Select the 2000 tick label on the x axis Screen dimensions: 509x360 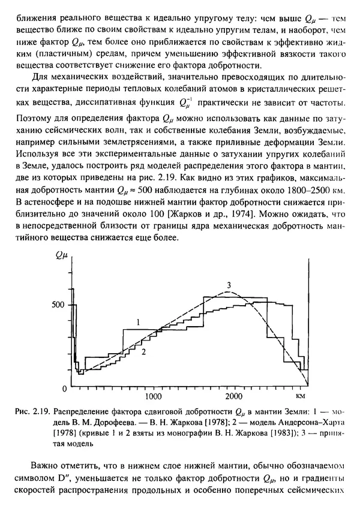coord(234,396)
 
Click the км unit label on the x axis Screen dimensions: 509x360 coord(301,396)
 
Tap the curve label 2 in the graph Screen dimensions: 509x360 coord(144,353)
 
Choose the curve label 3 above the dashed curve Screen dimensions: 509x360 coord(229,284)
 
